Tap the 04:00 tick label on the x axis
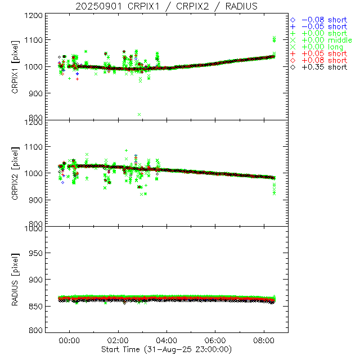(x=167, y=340)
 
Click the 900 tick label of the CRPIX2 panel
(x=38, y=200)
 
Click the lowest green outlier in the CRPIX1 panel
(x=139, y=114)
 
